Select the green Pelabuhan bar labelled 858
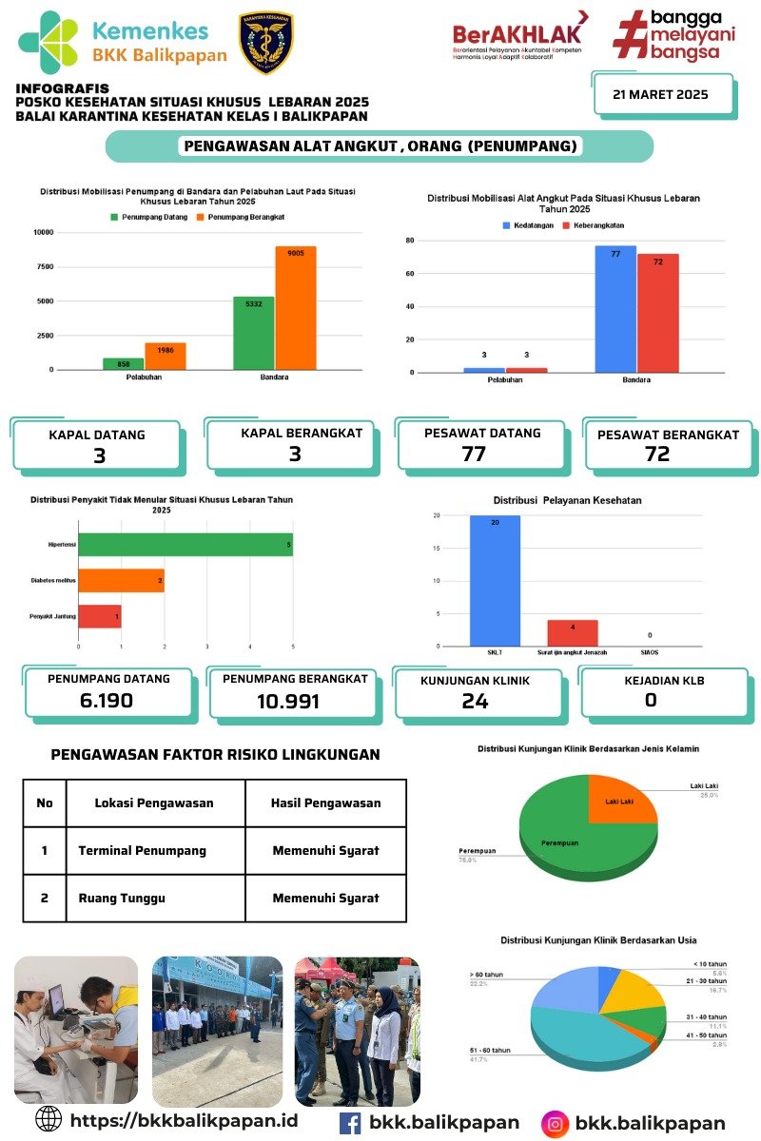pos(123,363)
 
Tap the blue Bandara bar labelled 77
pos(615,308)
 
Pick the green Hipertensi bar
pos(185,544)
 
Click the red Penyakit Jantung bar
pos(99,616)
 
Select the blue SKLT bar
pos(495,580)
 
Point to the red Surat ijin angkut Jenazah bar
pos(572,632)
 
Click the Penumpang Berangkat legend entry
pos(240,217)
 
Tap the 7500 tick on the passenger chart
pos(44,266)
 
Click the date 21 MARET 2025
pos(661,94)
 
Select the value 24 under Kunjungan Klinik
pos(475,702)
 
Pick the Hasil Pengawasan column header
pos(326,803)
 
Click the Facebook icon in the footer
pos(350,1123)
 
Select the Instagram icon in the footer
pos(555,1124)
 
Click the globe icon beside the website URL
pos(49,1118)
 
